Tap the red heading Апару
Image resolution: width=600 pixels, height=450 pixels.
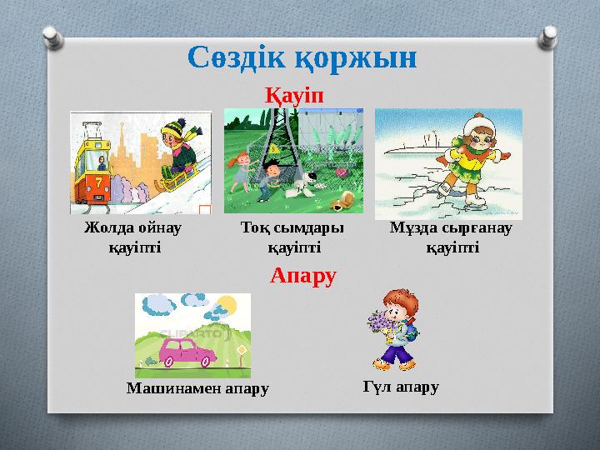coord(303,275)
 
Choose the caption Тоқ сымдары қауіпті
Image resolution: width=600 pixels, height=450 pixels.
coord(292,237)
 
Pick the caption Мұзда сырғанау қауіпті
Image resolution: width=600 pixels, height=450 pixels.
coord(452,237)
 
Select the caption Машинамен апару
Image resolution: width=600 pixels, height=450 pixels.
coord(198,388)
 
